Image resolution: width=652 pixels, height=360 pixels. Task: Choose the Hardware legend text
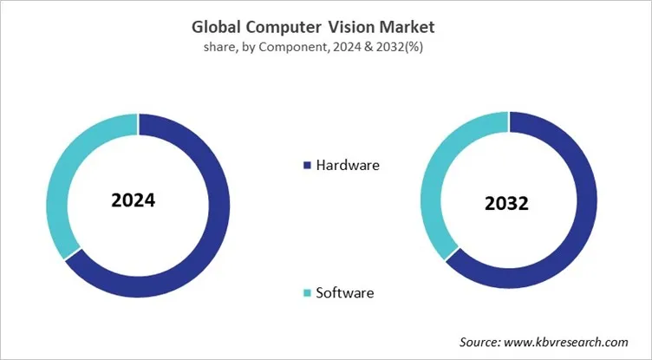[348, 164]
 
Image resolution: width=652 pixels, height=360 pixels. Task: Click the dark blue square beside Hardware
[306, 165]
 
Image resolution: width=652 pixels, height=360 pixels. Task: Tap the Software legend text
[345, 292]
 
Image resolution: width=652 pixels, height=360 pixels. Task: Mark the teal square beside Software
[306, 293]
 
